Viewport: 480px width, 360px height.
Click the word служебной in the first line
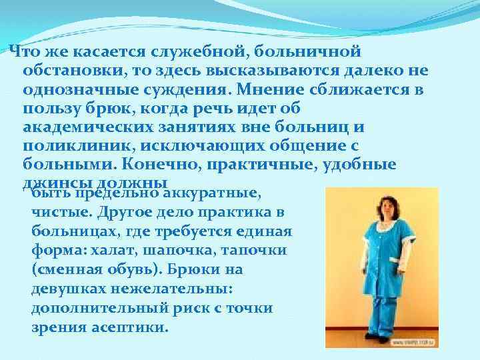click(212, 51)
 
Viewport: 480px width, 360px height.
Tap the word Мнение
click(277, 89)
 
